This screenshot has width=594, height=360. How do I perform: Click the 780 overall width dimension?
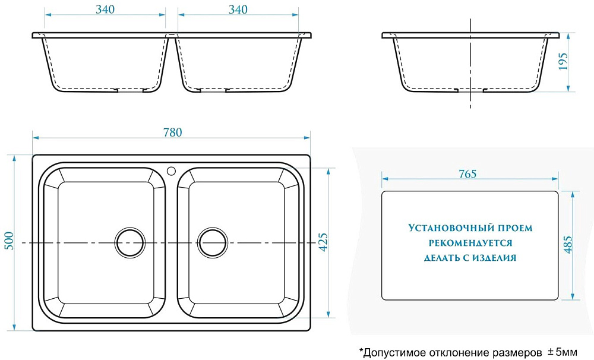coord(172,132)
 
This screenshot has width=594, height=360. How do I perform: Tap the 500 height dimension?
coord(9,241)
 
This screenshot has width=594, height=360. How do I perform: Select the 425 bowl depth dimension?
coord(323,242)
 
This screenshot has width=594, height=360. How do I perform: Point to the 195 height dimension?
coord(563,61)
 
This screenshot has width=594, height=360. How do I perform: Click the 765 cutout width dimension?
coord(467,174)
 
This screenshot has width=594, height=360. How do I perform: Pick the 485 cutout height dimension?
coord(568,245)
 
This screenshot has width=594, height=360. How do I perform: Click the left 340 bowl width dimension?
coord(105,10)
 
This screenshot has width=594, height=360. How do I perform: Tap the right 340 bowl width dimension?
coord(238,10)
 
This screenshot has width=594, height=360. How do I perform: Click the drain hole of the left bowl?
coord(130,242)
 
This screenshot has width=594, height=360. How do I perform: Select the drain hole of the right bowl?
coord(213,242)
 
